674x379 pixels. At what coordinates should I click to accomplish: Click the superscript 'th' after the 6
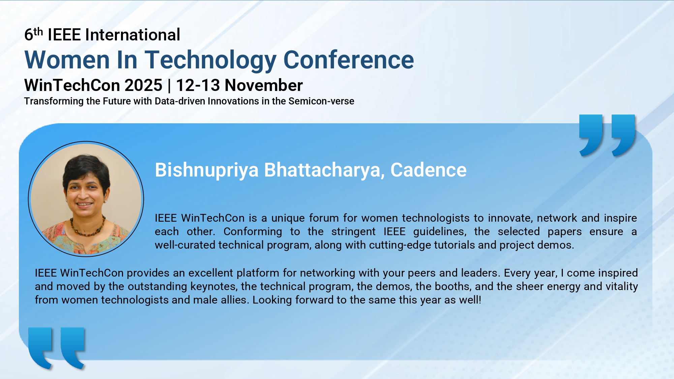click(38, 31)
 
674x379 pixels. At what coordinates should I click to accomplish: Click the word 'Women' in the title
click(67, 60)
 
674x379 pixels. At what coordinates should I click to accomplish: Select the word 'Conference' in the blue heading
click(349, 60)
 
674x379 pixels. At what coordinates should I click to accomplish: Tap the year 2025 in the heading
click(143, 85)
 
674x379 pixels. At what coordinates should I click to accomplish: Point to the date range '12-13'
click(198, 85)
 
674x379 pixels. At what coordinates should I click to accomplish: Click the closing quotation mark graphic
click(607, 135)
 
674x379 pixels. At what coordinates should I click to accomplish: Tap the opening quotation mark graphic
click(57, 348)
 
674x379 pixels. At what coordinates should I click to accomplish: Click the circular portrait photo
click(86, 199)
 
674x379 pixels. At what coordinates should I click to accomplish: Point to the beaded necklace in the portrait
click(87, 228)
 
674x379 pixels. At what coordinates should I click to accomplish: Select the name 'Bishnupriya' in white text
click(207, 170)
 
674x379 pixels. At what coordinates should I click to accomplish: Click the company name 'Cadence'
click(428, 170)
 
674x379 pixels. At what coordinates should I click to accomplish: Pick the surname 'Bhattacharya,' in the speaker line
click(325, 170)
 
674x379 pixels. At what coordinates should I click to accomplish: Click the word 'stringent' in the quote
click(353, 232)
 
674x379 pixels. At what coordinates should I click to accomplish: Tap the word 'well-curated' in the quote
click(185, 245)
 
